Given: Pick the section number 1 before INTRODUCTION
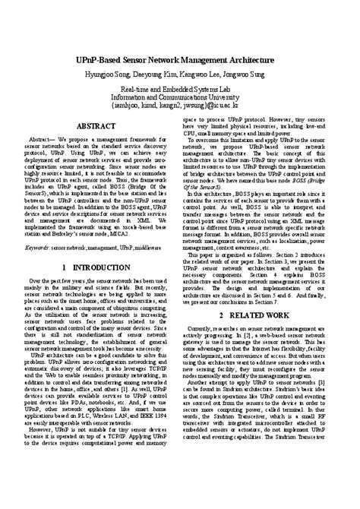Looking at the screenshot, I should pyautogui.click(x=64, y=269).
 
